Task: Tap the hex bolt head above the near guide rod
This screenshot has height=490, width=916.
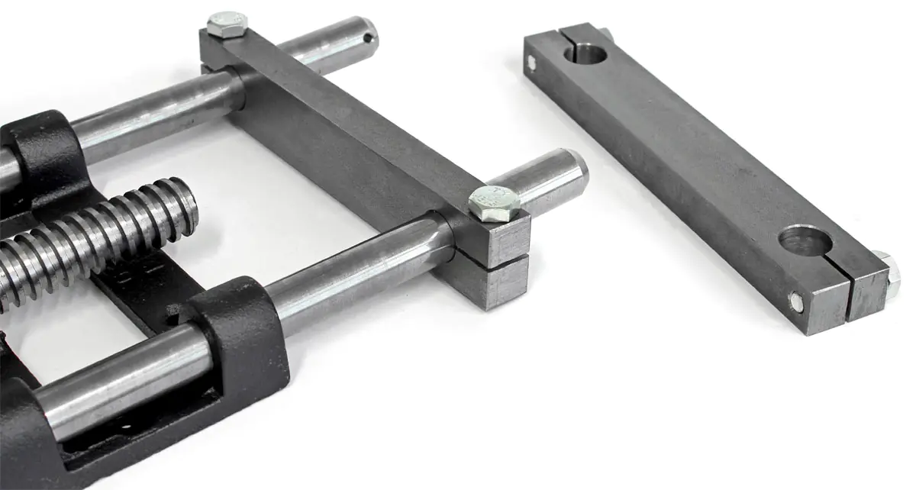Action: [x=494, y=202]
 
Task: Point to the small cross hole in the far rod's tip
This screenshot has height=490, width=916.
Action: [x=369, y=37]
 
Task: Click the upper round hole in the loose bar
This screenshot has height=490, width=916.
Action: [x=588, y=53]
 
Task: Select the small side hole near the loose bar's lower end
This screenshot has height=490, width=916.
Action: [x=796, y=303]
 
